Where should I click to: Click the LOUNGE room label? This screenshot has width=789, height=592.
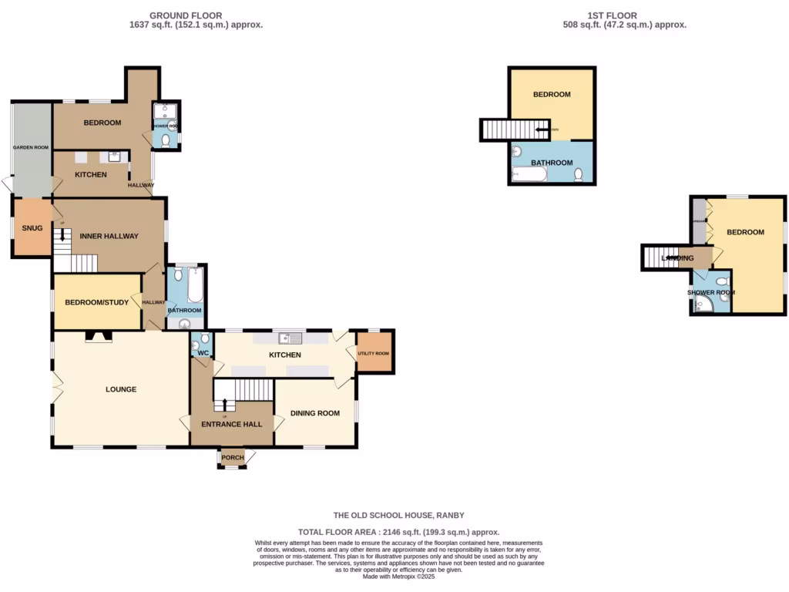click(121, 389)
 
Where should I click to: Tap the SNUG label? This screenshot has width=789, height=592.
click(32, 228)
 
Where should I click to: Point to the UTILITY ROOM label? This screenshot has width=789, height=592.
click(374, 353)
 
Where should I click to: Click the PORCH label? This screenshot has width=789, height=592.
click(233, 458)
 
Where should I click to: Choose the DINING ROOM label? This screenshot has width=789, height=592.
click(315, 413)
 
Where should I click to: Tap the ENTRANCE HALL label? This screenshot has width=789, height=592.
click(232, 424)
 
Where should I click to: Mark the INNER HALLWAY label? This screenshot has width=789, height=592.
click(109, 236)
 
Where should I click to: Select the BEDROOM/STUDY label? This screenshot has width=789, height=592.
click(96, 303)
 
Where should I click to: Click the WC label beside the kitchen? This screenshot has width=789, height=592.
click(203, 354)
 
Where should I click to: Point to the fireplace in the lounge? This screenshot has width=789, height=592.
click(98, 336)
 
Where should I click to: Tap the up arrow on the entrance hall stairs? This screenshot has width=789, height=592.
click(225, 404)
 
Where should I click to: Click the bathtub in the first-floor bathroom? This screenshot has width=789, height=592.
click(529, 176)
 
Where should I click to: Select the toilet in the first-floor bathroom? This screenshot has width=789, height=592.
click(578, 175)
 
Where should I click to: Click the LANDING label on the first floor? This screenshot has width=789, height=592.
click(678, 257)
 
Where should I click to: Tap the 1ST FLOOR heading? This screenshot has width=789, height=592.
click(600, 15)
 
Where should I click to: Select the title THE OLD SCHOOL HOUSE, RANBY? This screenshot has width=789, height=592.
click(398, 515)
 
